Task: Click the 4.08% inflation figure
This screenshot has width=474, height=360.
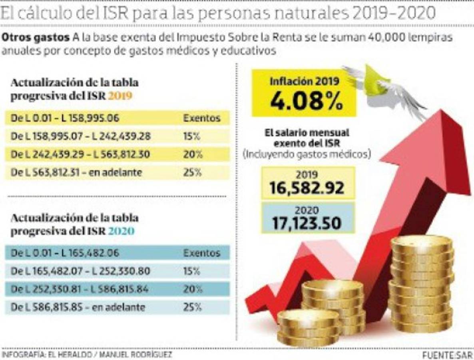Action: [x=306, y=101]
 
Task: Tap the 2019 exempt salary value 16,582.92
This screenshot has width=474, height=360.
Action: [x=307, y=188]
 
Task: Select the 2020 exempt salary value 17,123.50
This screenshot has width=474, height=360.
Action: [x=307, y=223]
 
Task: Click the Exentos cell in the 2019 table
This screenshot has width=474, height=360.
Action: [x=201, y=118]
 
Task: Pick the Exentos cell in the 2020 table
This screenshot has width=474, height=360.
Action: [x=201, y=253]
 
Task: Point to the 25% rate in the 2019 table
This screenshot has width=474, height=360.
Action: [x=191, y=173]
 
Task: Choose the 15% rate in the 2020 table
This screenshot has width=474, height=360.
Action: [x=191, y=271]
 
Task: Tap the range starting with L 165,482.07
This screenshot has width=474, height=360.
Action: [x=80, y=271]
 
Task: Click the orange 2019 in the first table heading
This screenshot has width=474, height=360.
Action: [x=120, y=96]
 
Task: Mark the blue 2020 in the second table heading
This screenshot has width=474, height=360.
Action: [x=121, y=232]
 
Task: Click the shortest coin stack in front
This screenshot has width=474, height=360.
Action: [x=308, y=328]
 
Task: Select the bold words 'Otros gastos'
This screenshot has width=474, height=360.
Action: [x=36, y=38]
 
